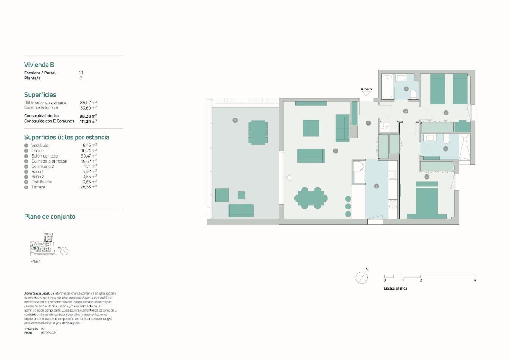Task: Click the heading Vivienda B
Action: (x=39, y=65)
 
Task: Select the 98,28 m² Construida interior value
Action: (x=88, y=116)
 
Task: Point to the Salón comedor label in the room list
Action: (x=45, y=156)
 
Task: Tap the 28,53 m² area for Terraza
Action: (x=88, y=187)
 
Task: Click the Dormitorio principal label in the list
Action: (x=49, y=161)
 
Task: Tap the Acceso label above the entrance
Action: (x=366, y=89)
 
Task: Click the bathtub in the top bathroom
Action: (x=387, y=87)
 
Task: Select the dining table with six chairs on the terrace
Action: (x=257, y=132)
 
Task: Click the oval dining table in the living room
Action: (x=312, y=198)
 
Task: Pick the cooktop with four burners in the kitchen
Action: (x=393, y=204)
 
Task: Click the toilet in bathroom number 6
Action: (x=445, y=139)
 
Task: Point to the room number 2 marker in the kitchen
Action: (x=376, y=186)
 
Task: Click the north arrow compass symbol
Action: (x=362, y=278)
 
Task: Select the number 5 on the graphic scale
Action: (x=475, y=280)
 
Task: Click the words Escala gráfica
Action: (x=395, y=288)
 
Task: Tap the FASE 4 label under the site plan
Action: (x=36, y=261)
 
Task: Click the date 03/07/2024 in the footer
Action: (x=49, y=333)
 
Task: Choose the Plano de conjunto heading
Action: (x=50, y=217)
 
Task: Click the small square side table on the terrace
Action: (x=241, y=195)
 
